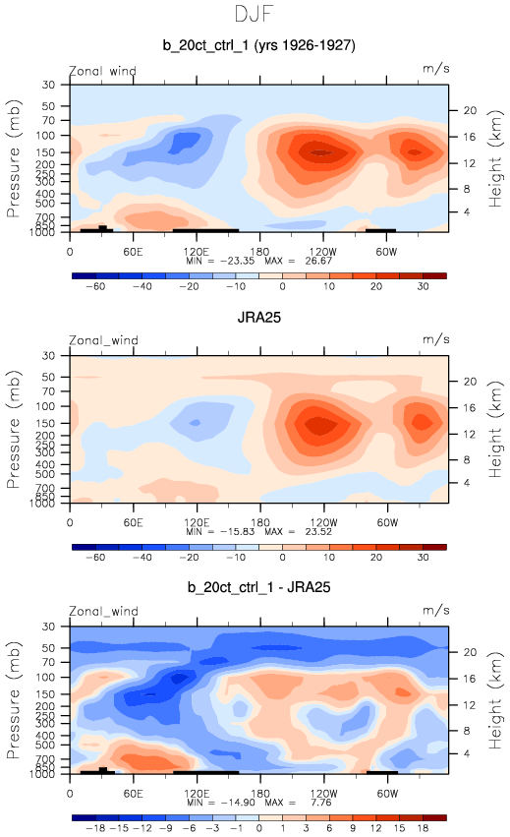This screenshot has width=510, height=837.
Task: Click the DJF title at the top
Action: click(254, 14)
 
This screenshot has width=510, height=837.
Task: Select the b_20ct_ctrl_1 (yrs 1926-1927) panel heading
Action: click(258, 45)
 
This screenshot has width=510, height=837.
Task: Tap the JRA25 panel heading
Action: click(258, 318)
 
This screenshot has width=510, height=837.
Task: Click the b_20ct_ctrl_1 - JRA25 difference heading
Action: click(258, 587)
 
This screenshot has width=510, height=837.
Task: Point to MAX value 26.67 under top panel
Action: click(318, 261)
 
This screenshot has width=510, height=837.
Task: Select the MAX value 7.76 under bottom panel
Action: click(320, 803)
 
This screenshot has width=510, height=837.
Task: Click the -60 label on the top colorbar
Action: click(95, 286)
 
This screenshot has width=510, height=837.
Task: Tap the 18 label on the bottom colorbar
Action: click(424, 828)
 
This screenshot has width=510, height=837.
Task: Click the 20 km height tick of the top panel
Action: click(470, 110)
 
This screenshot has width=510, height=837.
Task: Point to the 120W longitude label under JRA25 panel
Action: click(323, 522)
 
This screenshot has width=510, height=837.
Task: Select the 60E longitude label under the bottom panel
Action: click(133, 793)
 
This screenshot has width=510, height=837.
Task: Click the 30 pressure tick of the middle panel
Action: click(48, 355)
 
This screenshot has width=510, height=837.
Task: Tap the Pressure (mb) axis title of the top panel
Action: click(14, 158)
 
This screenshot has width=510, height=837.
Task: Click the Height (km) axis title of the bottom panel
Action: click(495, 700)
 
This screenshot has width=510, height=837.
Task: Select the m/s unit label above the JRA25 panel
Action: click(436, 339)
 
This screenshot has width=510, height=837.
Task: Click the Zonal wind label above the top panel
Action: click(102, 71)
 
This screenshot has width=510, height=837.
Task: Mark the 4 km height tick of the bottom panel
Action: click(467, 753)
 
